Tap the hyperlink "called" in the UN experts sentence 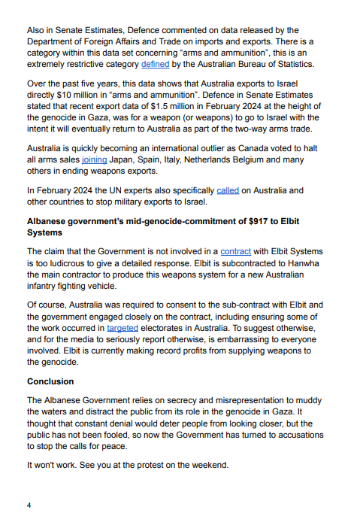point(227,190)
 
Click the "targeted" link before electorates point(123,329)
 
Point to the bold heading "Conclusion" point(52,381)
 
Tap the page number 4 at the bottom point(29,505)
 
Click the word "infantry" point(48,287)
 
